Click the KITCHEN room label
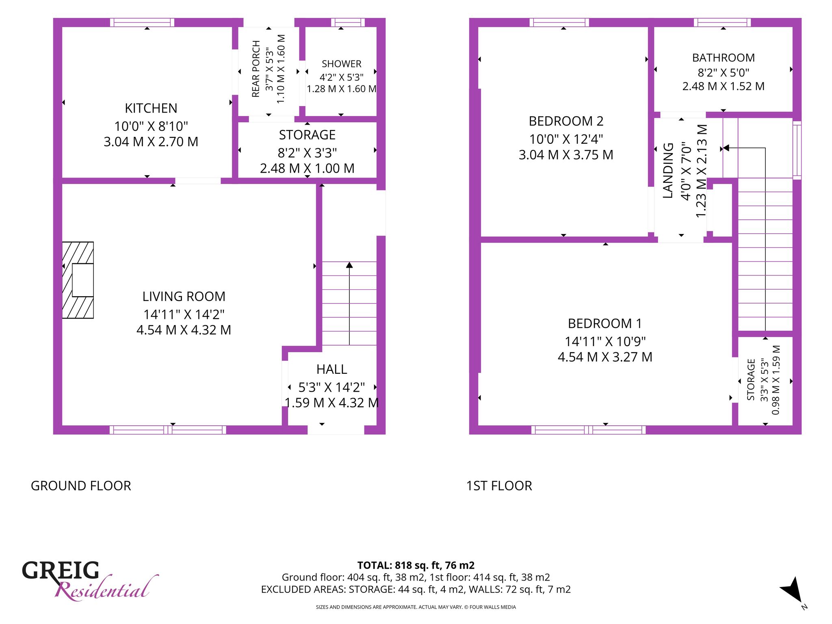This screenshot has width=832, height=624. (151, 108)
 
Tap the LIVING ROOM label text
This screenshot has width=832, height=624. (184, 297)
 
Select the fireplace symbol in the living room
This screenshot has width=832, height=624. (78, 280)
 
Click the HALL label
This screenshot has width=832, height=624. (331, 369)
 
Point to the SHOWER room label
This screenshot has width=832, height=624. (341, 64)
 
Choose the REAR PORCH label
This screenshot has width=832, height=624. (256, 69)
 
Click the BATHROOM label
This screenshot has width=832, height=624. (724, 58)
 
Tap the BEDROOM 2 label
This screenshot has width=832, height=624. (566, 121)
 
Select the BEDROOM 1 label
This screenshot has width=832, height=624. (605, 324)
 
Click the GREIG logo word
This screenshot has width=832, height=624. (61, 570)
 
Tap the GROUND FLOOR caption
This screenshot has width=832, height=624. (81, 486)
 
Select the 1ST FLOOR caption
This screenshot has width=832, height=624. (499, 486)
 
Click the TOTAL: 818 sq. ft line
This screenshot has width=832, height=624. (416, 565)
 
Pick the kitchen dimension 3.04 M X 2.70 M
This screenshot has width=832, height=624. (151, 142)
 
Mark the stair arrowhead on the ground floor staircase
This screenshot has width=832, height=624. (349, 265)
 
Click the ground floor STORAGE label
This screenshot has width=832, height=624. (307, 135)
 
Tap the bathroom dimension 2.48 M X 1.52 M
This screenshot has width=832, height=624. (724, 86)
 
